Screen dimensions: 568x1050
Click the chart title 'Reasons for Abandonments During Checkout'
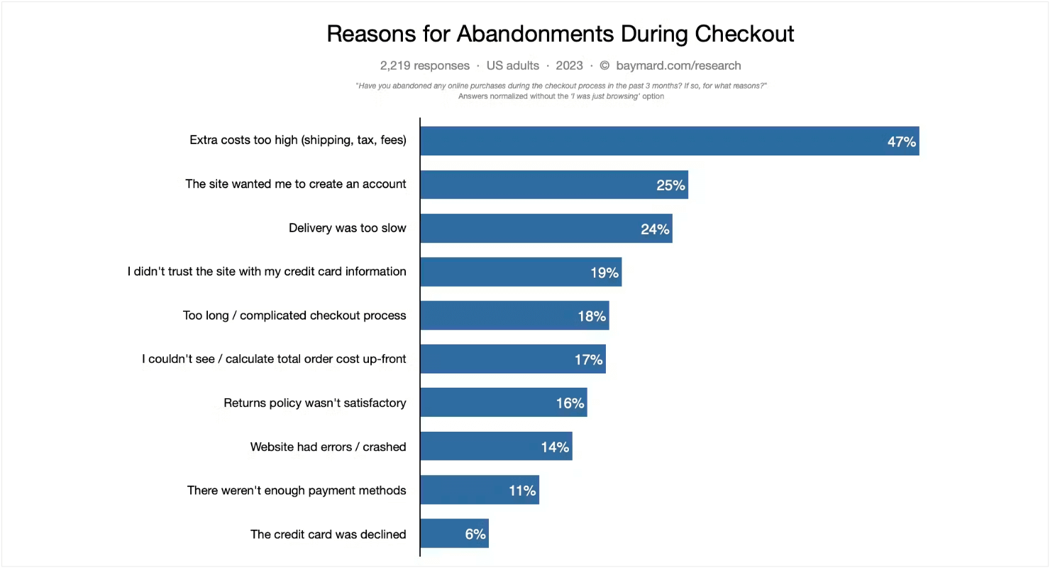(x=560, y=34)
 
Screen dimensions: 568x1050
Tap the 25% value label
(x=670, y=185)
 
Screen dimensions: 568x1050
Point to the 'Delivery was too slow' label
(x=348, y=228)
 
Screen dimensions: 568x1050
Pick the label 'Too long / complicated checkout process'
(x=294, y=315)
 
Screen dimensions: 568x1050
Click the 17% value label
(x=588, y=360)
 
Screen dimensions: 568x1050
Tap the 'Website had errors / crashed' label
(x=328, y=447)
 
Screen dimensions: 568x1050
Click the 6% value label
(x=475, y=534)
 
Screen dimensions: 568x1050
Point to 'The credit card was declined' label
(x=328, y=534)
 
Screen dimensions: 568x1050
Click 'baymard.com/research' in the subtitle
(x=678, y=65)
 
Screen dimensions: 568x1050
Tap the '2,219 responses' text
(x=424, y=65)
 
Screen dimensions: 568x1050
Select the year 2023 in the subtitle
(x=569, y=65)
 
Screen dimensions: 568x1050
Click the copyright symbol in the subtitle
(x=604, y=65)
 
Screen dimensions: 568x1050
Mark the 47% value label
(x=902, y=142)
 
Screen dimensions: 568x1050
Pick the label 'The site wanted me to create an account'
(x=296, y=184)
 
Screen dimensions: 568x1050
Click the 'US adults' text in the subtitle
(x=512, y=65)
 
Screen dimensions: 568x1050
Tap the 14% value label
(x=555, y=447)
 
